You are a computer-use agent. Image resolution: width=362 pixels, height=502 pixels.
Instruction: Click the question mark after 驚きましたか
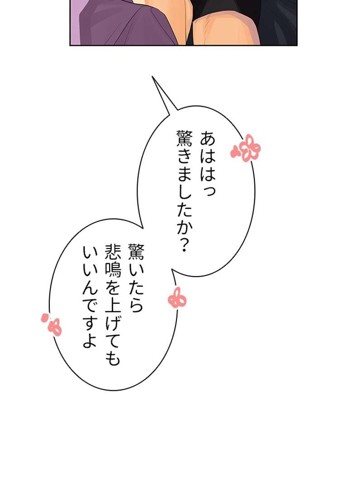[184, 244]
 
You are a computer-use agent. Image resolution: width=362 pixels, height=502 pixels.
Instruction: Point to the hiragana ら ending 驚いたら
[136, 305]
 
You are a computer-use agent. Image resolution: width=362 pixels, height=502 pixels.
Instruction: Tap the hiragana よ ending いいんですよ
[90, 340]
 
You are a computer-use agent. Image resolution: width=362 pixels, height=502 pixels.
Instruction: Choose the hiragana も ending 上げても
[113, 357]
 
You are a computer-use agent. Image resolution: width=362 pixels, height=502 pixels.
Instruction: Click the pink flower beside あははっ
[246, 148]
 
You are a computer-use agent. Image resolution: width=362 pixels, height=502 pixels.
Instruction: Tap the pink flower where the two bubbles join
[177, 298]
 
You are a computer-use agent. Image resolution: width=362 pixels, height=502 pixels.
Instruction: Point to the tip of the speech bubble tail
[152, 76]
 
